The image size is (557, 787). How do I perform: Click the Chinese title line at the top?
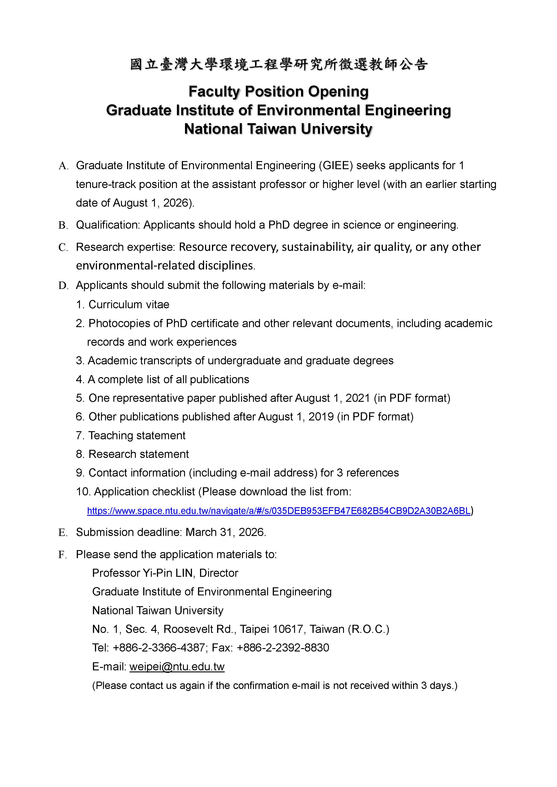click(278, 64)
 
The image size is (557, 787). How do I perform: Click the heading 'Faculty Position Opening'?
click(278, 92)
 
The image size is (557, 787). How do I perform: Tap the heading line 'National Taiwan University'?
click(278, 129)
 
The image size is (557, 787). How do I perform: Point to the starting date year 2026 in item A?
click(176, 203)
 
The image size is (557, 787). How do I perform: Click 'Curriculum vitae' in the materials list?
click(129, 304)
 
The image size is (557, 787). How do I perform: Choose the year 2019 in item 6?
click(321, 417)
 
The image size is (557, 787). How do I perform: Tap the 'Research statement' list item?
click(138, 454)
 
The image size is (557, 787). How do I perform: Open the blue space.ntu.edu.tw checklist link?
click(278, 511)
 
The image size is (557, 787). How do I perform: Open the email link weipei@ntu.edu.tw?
click(177, 667)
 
